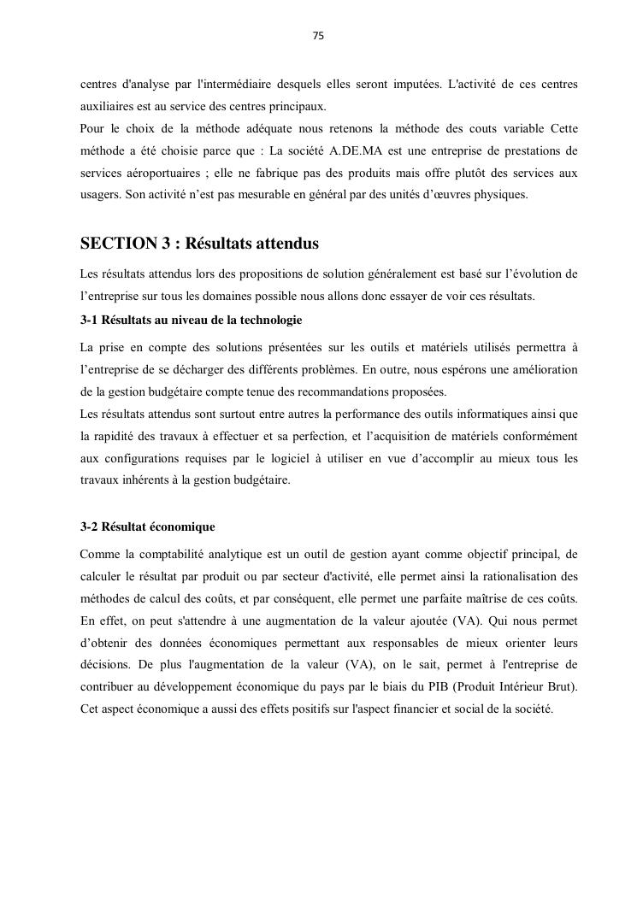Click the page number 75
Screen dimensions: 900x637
(x=318, y=36)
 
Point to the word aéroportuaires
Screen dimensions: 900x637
(x=161, y=173)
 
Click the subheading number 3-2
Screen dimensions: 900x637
(x=91, y=526)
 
